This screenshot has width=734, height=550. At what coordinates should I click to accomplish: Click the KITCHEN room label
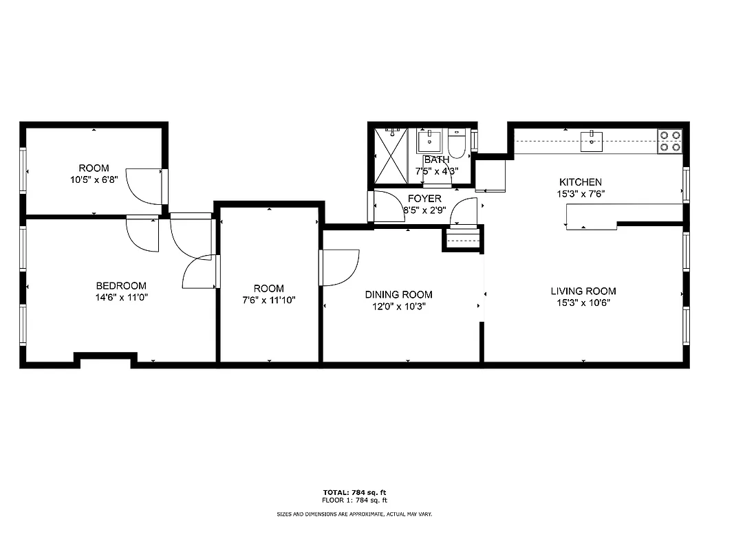click(580, 182)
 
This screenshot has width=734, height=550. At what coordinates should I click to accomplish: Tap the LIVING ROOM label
click(583, 291)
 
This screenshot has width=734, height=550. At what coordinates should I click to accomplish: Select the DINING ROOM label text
click(398, 294)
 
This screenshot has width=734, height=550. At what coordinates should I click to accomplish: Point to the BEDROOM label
click(120, 286)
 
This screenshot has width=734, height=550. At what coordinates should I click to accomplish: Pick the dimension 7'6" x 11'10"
click(268, 300)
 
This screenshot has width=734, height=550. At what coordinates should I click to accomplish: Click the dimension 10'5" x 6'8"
click(94, 179)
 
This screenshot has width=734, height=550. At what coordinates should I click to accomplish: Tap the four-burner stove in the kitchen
click(670, 141)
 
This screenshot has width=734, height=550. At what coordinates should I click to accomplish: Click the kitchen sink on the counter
click(591, 142)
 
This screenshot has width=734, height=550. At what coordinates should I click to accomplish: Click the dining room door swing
click(339, 267)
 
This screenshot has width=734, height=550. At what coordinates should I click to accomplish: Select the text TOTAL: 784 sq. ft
click(354, 492)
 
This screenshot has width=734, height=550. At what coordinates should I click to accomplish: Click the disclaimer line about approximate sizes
click(354, 514)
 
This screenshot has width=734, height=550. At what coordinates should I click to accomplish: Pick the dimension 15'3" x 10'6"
click(583, 302)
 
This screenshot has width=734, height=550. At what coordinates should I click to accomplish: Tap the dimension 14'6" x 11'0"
click(120, 298)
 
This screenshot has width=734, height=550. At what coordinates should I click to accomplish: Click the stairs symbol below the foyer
click(462, 239)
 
